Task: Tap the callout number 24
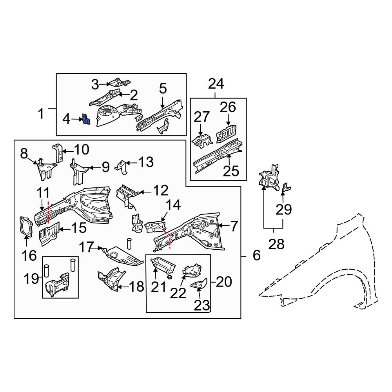216,84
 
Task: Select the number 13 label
145,162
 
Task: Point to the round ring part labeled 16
26,227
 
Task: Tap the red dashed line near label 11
48,212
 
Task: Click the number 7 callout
234,226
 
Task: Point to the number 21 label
159,287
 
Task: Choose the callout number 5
163,89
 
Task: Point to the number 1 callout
41,114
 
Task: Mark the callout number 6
257,256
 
